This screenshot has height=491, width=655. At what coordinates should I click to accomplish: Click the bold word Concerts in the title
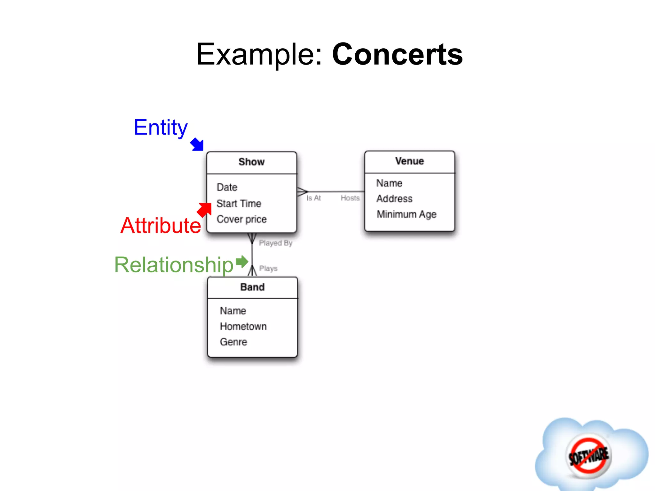click(397, 54)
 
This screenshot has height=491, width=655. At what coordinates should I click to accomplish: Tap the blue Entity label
click(161, 128)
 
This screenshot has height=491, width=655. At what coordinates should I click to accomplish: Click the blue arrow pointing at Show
click(197, 144)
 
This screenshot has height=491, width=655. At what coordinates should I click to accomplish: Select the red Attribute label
click(161, 226)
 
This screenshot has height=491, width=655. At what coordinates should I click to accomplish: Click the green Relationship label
click(174, 265)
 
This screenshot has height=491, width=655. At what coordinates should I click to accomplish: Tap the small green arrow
click(242, 262)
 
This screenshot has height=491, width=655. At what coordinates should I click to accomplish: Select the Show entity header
click(251, 162)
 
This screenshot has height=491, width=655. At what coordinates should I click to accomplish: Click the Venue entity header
click(409, 161)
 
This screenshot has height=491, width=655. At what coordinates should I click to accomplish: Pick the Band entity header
click(252, 287)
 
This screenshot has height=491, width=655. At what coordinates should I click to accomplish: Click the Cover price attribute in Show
click(241, 219)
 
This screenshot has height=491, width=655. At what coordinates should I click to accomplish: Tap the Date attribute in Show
click(227, 187)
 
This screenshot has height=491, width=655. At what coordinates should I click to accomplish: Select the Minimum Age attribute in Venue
click(406, 214)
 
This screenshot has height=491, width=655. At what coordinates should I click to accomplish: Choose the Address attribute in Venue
click(394, 199)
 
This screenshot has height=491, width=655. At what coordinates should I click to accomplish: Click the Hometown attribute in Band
click(243, 326)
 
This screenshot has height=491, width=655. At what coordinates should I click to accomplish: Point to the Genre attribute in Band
click(233, 342)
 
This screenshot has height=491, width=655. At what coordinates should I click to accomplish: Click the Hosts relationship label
click(350, 198)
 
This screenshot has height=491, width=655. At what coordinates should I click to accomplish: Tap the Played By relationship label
click(275, 243)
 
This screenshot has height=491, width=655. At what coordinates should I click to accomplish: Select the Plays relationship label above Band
click(268, 269)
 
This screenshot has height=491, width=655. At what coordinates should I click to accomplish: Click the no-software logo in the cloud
click(588, 456)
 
